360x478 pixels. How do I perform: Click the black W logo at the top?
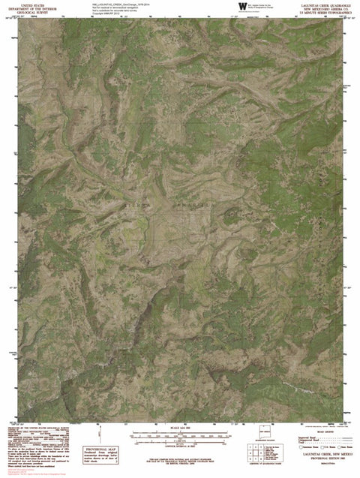coord(241,7)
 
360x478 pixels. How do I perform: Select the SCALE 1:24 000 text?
coord(180,428)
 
